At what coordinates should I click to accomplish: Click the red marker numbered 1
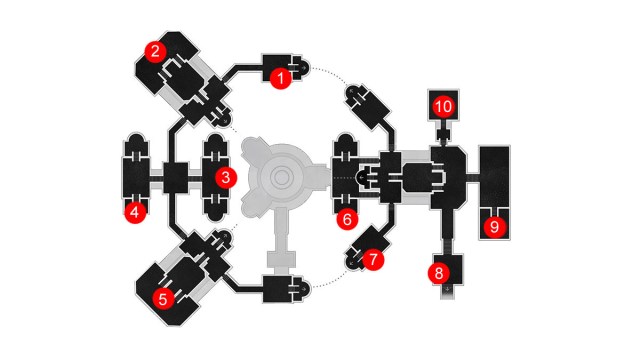point(281,78)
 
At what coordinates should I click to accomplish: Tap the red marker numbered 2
point(155,52)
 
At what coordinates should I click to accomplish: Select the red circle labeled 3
point(226,178)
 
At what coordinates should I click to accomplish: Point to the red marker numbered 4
point(136,212)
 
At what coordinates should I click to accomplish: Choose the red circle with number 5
point(163,299)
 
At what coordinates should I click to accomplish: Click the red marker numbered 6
point(347,219)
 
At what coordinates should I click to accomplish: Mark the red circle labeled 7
point(373,259)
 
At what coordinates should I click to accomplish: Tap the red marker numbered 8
point(439,273)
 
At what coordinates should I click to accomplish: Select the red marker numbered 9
point(494,227)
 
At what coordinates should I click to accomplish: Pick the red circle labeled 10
point(443,107)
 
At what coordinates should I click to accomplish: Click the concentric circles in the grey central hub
point(281,178)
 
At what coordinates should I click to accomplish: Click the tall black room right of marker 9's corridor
point(494,176)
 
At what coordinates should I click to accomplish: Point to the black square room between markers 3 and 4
point(176,178)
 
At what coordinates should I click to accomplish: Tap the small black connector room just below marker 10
point(443,134)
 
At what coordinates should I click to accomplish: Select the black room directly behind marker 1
point(277,68)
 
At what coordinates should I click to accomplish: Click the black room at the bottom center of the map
point(278,289)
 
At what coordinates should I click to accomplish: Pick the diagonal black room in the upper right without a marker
point(369,106)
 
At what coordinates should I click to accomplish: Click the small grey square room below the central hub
point(281,259)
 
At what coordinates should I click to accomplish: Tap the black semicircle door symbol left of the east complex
point(361,178)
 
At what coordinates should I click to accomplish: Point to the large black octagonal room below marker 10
point(448,178)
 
